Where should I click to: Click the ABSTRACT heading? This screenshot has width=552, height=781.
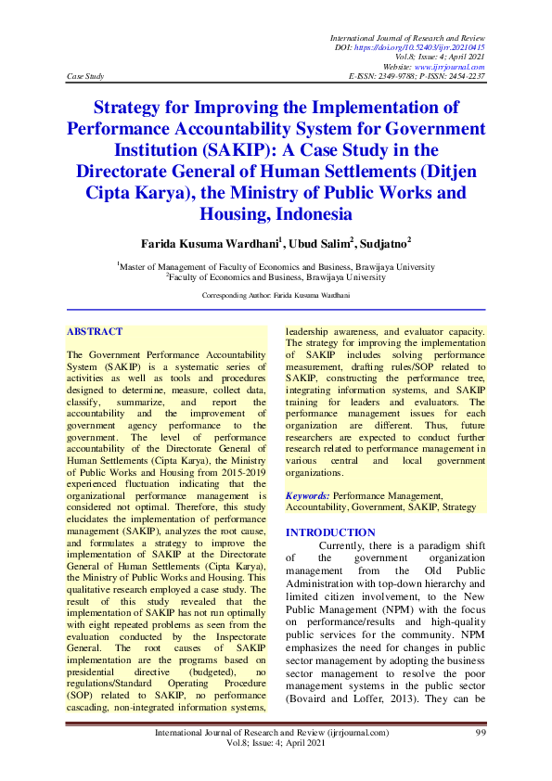click(x=95, y=331)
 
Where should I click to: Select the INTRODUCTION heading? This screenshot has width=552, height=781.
click(x=330, y=532)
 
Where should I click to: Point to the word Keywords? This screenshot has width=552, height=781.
click(x=308, y=496)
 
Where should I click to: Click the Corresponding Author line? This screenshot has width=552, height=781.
click(x=276, y=294)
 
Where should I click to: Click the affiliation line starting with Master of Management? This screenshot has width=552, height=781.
click(x=276, y=266)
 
